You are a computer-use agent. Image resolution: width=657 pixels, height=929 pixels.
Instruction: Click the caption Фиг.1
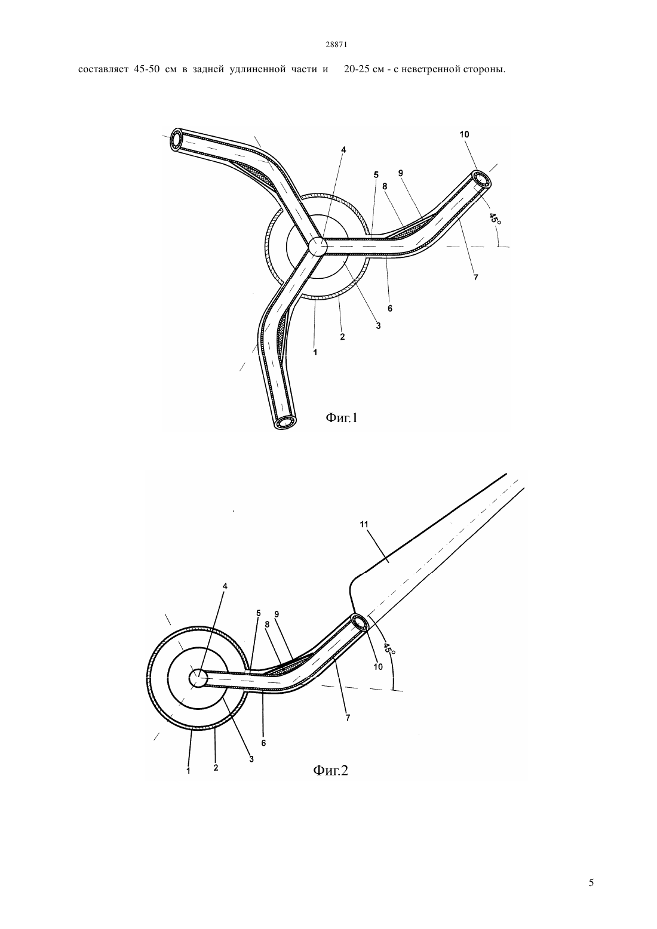(x=342, y=418)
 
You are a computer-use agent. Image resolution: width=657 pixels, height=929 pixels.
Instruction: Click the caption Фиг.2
(x=330, y=770)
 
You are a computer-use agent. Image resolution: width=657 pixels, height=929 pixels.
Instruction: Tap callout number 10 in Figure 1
(x=464, y=134)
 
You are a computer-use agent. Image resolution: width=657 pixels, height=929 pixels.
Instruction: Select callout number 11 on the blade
(x=364, y=524)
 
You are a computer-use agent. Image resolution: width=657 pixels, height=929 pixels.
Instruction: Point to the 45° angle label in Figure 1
(x=495, y=218)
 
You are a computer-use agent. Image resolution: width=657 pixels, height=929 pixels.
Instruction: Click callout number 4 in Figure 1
(x=343, y=150)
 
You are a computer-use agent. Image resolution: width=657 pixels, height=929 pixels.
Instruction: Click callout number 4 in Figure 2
(x=225, y=586)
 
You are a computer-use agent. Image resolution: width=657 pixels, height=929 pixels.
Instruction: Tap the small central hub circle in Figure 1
(x=317, y=247)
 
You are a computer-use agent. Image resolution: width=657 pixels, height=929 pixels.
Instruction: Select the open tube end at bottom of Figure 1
(x=285, y=422)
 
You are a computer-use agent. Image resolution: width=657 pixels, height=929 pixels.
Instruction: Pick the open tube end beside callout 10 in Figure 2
(x=360, y=623)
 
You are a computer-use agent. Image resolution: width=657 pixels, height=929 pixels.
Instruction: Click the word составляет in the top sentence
(x=103, y=69)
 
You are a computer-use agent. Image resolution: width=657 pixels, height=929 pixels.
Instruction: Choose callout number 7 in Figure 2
(x=348, y=718)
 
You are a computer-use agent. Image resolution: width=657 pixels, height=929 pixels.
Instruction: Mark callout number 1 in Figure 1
(x=315, y=352)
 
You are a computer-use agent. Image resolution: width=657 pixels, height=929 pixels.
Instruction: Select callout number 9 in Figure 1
(x=401, y=173)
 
